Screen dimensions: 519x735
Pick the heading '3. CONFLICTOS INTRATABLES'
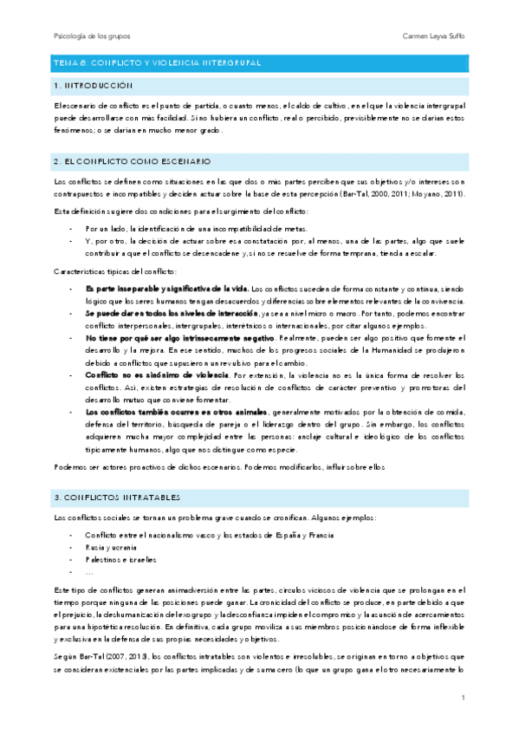click(116, 498)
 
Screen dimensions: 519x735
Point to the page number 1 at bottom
click(464, 698)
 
